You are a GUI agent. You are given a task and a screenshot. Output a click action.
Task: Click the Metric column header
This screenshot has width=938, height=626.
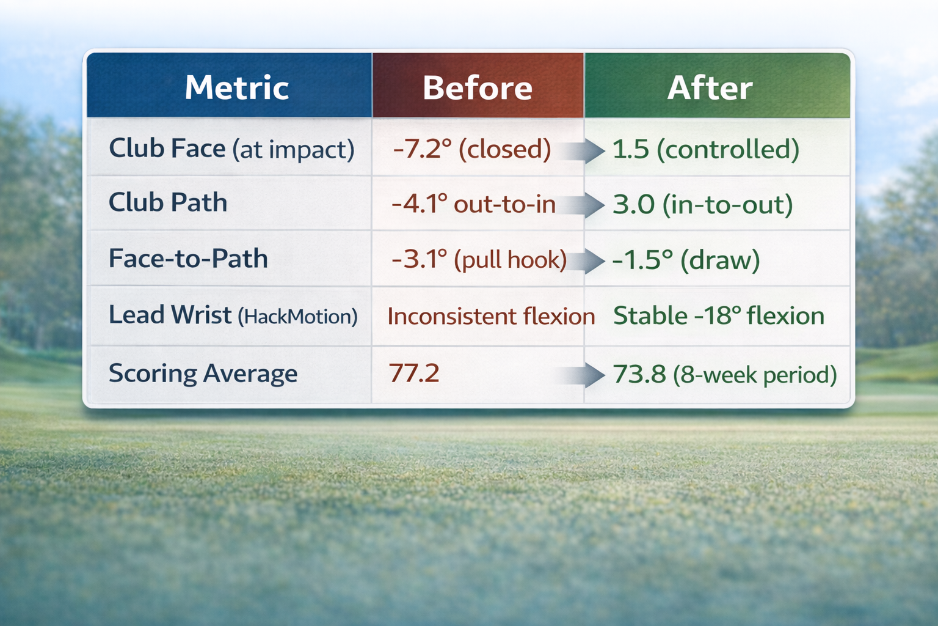click(x=236, y=87)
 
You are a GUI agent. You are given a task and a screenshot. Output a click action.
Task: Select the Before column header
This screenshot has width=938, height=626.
click(x=477, y=87)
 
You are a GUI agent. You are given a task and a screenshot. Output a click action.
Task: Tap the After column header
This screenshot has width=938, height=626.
click(x=710, y=87)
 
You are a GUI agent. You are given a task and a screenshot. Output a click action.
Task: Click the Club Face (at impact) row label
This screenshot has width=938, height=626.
click(x=231, y=149)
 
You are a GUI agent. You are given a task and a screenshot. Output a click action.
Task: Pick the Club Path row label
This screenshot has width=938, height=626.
click(x=168, y=202)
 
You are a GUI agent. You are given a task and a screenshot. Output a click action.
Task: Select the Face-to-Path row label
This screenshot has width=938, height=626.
click(x=188, y=259)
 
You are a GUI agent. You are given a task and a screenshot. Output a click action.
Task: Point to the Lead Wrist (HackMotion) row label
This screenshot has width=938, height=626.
click(x=233, y=315)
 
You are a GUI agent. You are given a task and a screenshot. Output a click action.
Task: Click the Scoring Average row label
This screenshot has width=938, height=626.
click(x=203, y=373)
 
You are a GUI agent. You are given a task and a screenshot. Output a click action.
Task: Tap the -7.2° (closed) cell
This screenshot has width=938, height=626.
click(x=472, y=149)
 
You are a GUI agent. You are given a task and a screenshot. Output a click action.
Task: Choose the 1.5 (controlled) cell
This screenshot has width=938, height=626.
click(x=705, y=149)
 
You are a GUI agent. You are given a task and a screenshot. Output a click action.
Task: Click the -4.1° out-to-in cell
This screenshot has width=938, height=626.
click(x=473, y=204)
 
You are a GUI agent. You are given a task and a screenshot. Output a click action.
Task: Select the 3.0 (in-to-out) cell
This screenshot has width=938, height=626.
click(x=702, y=204)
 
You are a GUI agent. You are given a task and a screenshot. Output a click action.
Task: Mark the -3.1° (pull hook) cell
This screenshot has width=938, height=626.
click(x=479, y=260)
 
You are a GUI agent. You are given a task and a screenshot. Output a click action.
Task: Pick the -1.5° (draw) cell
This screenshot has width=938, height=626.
click(x=686, y=260)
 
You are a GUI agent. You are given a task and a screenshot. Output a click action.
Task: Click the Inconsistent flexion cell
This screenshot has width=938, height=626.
click(x=491, y=316)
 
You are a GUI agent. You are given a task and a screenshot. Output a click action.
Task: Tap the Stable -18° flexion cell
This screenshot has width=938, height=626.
click(x=719, y=316)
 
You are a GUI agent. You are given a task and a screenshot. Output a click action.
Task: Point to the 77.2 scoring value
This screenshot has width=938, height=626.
click(x=414, y=373)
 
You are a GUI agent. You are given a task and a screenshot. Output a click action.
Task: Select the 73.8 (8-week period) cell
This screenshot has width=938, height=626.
click(x=724, y=374)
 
